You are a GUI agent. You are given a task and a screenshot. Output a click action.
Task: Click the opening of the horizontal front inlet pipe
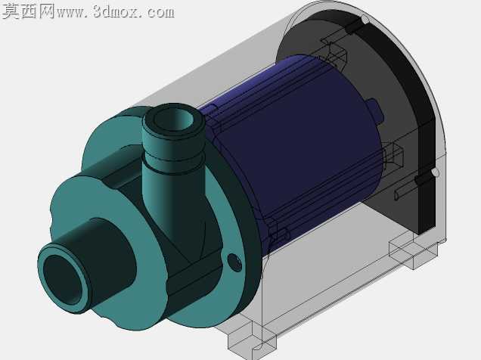[x=64, y=279]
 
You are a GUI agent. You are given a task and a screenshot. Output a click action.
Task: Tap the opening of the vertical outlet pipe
[x=173, y=119]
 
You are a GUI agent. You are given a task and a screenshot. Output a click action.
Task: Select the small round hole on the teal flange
[x=234, y=262]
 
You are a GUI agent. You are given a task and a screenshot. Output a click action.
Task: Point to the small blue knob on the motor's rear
[x=375, y=112]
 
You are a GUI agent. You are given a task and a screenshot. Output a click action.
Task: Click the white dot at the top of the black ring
[x=365, y=20]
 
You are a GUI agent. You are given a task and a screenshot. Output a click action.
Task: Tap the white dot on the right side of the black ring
[x=435, y=172]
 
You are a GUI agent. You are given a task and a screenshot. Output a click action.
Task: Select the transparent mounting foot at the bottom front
[x=252, y=337]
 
